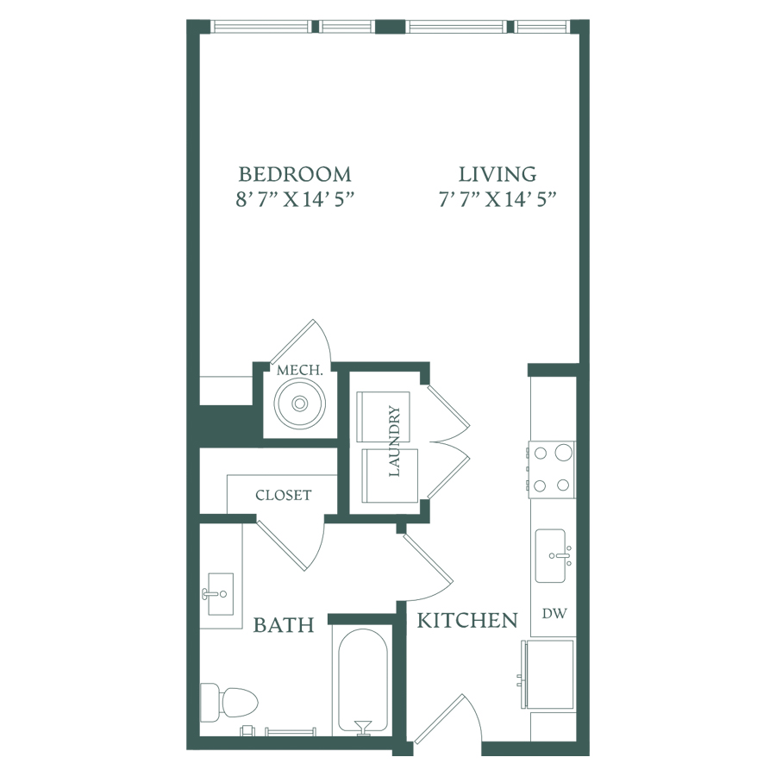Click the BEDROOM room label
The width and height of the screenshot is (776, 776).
pyautogui.click(x=295, y=174)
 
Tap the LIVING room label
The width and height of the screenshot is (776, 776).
pyautogui.click(x=498, y=174)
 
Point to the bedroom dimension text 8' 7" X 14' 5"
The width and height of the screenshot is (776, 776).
pyautogui.click(x=296, y=199)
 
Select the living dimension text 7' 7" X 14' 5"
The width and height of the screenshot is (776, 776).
pyautogui.click(x=498, y=199)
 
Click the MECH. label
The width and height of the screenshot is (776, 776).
pyautogui.click(x=300, y=370)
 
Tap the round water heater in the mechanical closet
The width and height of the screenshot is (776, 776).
pyautogui.click(x=300, y=404)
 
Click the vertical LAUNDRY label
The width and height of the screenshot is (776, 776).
pyautogui.click(x=394, y=441)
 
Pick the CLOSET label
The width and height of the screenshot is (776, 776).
pyautogui.click(x=284, y=495)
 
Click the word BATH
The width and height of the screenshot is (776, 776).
pyautogui.click(x=284, y=625)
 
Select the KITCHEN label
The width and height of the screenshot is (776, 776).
pyautogui.click(x=467, y=620)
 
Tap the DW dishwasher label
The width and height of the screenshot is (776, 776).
pyautogui.click(x=554, y=614)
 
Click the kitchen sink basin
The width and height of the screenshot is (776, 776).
pyautogui.click(x=551, y=556)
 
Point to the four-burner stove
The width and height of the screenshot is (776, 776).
pyautogui.click(x=552, y=469)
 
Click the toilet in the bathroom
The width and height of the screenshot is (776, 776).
pyautogui.click(x=229, y=703)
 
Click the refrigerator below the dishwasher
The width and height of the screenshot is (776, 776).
pyautogui.click(x=548, y=675)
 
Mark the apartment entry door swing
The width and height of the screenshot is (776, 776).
pyautogui.click(x=447, y=717)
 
